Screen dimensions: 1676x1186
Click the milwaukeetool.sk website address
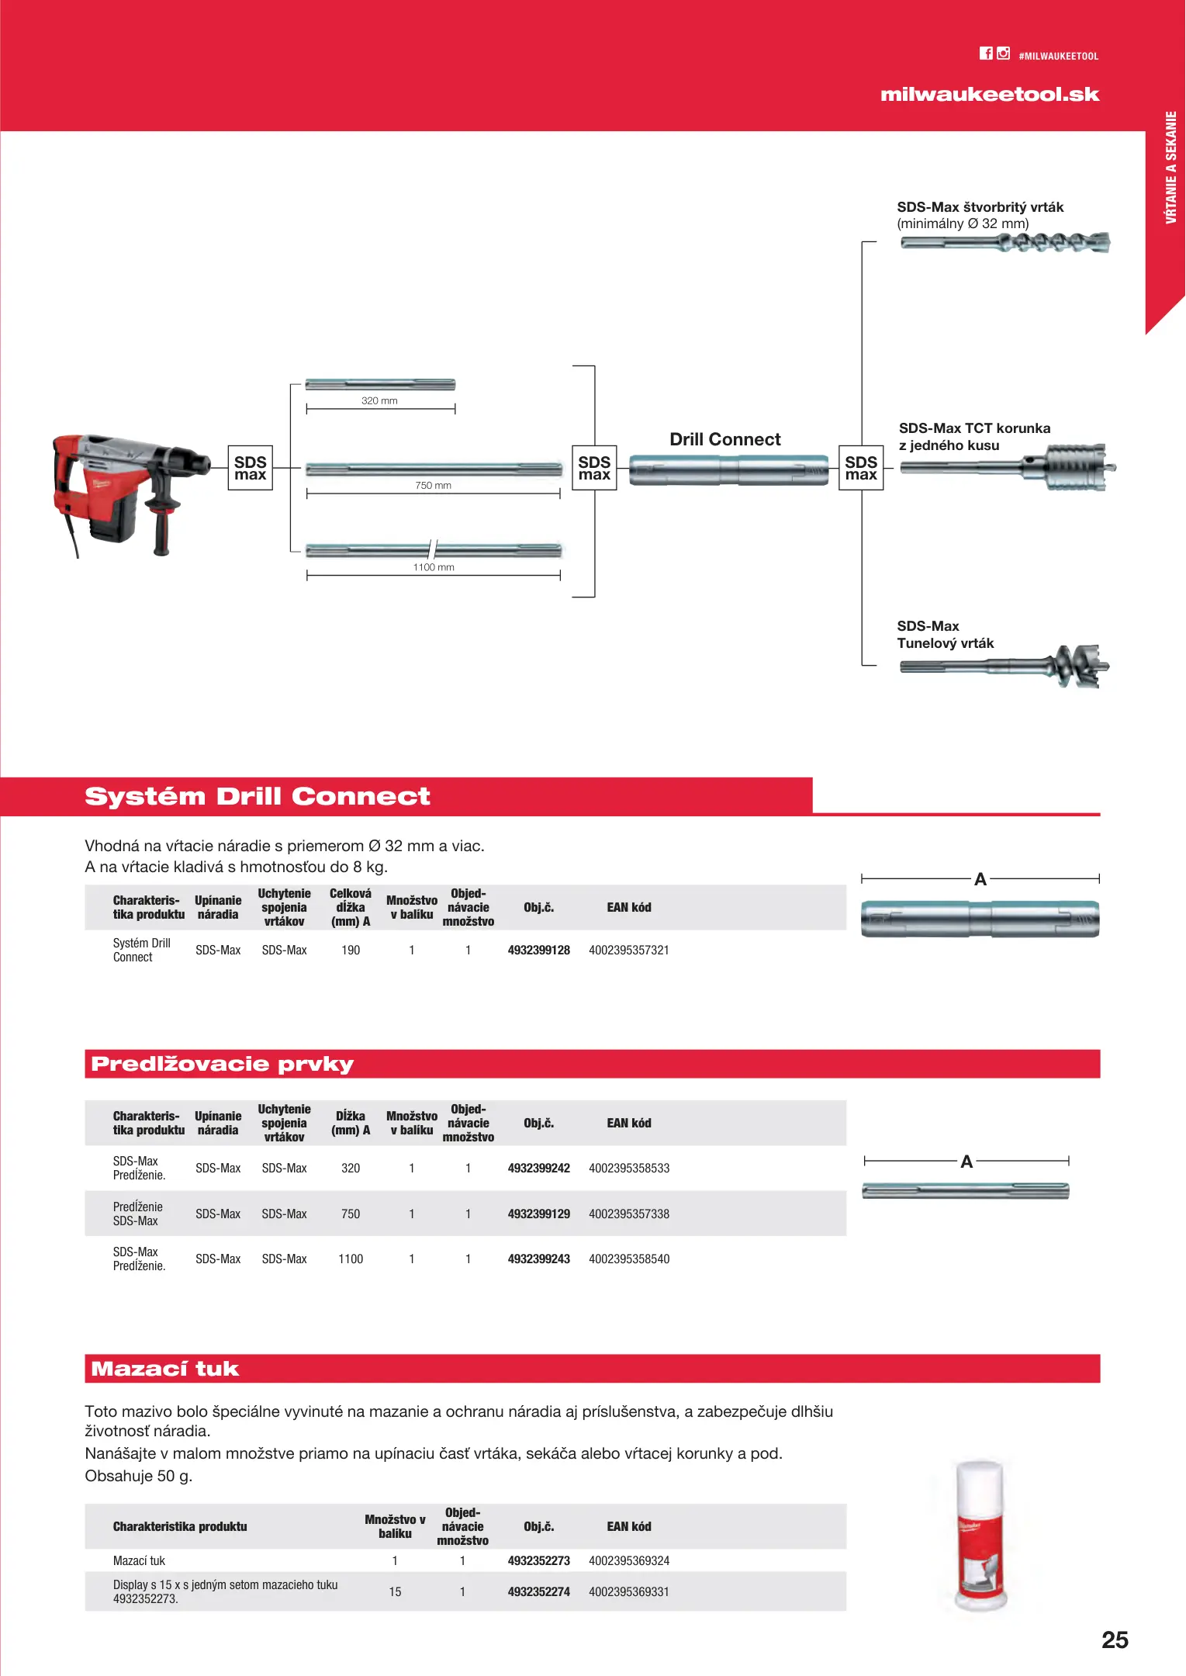click(x=989, y=95)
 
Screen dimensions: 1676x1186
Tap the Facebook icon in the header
click(x=985, y=54)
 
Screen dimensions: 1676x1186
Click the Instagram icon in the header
click(x=1004, y=54)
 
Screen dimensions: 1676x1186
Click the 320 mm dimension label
click(x=379, y=401)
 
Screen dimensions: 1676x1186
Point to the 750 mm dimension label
click(x=433, y=486)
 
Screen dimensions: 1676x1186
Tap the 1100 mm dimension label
click(x=434, y=567)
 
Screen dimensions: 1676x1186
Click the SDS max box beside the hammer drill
click(x=251, y=468)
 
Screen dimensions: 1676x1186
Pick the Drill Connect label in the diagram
click(x=724, y=440)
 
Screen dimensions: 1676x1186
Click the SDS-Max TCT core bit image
click(x=1008, y=467)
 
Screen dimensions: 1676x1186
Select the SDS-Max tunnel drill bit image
click(x=1004, y=667)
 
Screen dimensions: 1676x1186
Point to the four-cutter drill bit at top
click(x=1004, y=243)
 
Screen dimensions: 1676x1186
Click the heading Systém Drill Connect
click(x=257, y=797)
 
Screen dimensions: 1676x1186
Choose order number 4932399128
click(x=538, y=951)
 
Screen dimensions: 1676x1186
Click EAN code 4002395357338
click(x=628, y=1214)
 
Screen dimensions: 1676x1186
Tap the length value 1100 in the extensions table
click(x=351, y=1259)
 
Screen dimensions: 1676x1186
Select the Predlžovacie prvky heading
click(x=222, y=1064)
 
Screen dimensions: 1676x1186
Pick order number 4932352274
click(x=538, y=1592)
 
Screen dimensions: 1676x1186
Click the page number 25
click(x=1115, y=1640)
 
